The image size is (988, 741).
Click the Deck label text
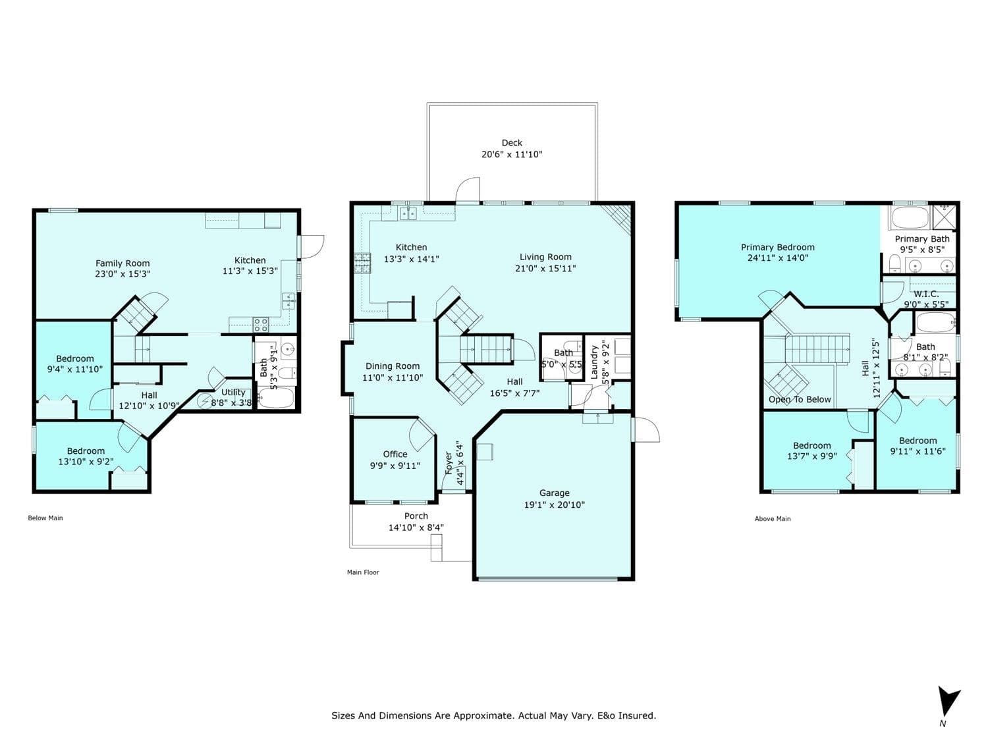(512, 143)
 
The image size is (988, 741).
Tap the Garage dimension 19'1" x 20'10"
(554, 505)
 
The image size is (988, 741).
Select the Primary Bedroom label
(777, 247)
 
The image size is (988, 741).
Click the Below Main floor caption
(45, 518)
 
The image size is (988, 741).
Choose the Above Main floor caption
(773, 519)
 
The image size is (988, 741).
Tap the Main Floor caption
(363, 572)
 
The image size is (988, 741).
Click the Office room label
(395, 454)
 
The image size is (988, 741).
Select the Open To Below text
(800, 400)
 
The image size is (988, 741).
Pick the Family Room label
(123, 263)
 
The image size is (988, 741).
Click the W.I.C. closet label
(926, 294)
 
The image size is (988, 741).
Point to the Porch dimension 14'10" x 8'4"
(416, 528)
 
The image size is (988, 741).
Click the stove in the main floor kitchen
(362, 263)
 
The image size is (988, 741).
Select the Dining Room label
(392, 366)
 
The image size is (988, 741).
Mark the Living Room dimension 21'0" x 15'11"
(545, 268)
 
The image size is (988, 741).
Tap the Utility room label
(233, 393)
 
